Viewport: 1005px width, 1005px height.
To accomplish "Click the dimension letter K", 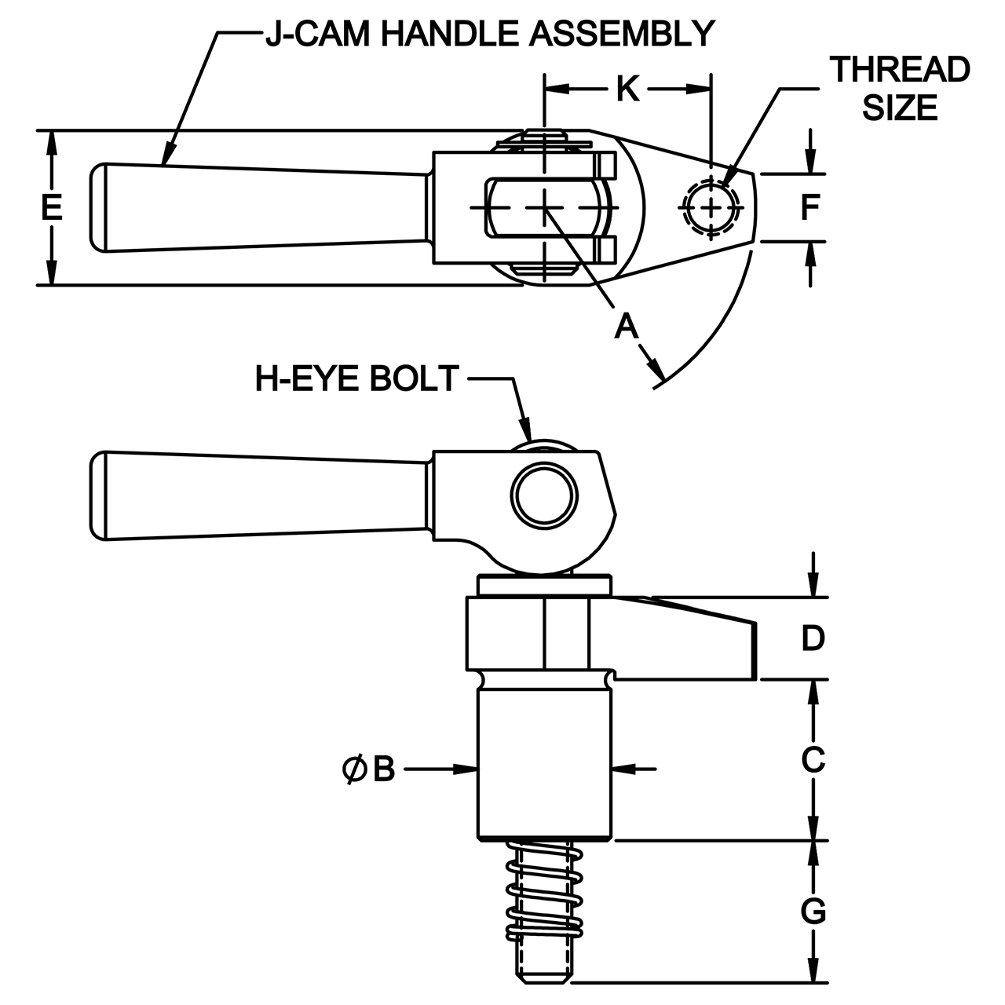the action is coord(627,89).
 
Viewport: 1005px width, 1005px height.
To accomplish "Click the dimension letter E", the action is coord(52,207).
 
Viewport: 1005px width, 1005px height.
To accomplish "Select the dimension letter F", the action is coord(810,207).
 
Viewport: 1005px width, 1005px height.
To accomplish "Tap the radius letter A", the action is coord(626,327).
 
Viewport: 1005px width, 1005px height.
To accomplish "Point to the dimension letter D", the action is coord(813,638).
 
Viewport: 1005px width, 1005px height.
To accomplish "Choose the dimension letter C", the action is coord(813,759).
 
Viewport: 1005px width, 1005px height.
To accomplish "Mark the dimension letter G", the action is coord(813,912).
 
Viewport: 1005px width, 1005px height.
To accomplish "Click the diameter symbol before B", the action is coord(354,769).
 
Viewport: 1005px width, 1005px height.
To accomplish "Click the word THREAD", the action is coord(900,69).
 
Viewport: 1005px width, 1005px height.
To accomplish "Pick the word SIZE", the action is coord(900,108).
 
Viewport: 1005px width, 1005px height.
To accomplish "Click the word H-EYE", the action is coord(307,378).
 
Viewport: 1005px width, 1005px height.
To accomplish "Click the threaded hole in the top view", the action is coord(711,207).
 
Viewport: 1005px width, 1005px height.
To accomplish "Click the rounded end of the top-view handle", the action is coord(99,207).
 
